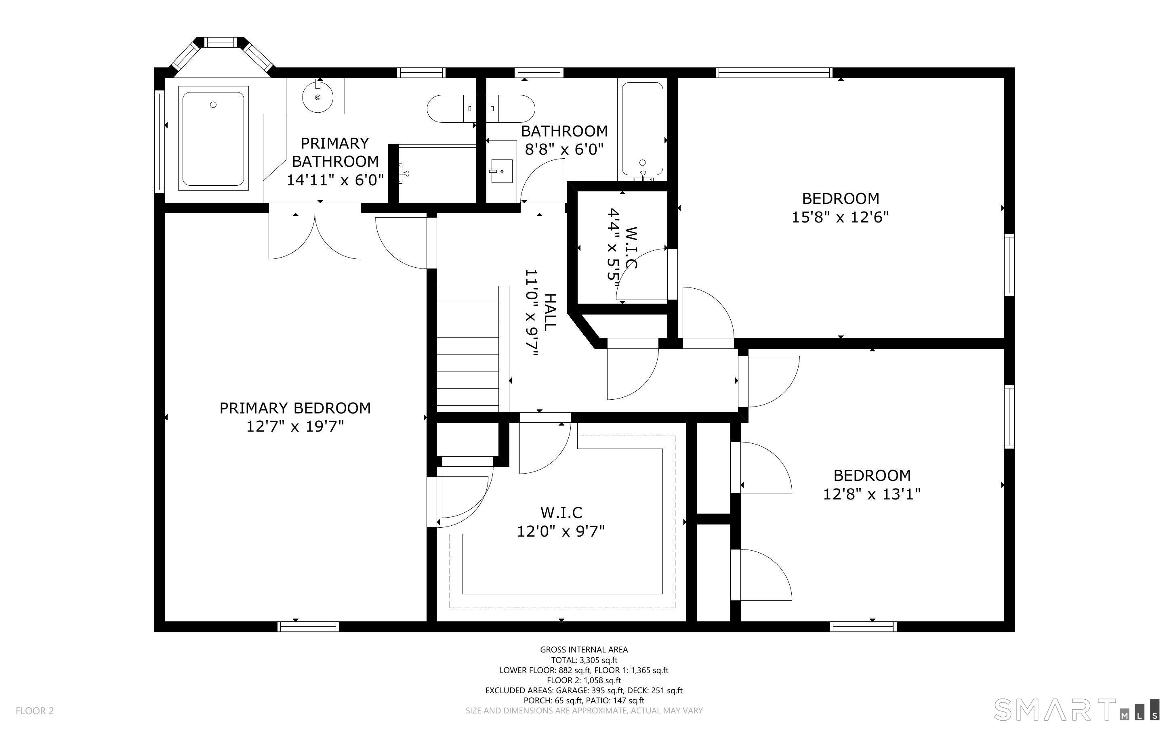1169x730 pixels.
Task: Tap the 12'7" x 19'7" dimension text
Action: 295,427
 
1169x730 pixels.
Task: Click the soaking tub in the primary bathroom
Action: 213,138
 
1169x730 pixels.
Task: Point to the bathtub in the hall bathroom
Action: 642,129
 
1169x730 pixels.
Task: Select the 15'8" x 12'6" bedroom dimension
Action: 840,217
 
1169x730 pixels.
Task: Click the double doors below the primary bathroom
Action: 315,236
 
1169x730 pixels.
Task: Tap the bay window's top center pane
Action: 220,43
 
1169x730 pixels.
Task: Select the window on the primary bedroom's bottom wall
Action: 309,627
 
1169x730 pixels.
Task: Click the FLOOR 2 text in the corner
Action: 35,711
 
